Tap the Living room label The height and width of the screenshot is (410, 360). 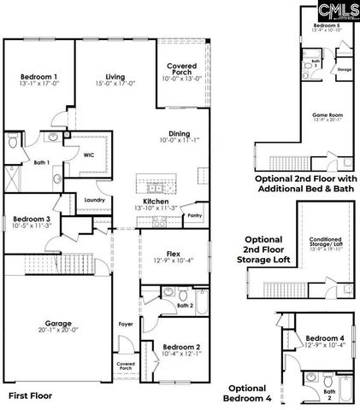[104, 77]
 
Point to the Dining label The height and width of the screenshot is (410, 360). [180, 133]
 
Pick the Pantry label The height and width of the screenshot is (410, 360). [194, 217]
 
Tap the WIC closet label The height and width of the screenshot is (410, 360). [88, 155]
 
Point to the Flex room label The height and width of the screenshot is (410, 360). [172, 254]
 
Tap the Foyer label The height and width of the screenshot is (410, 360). [126, 324]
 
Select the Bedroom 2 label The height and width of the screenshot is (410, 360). [180, 347]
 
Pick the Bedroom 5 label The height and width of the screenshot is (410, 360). [326, 26]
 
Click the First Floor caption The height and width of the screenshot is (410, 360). [31, 395]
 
